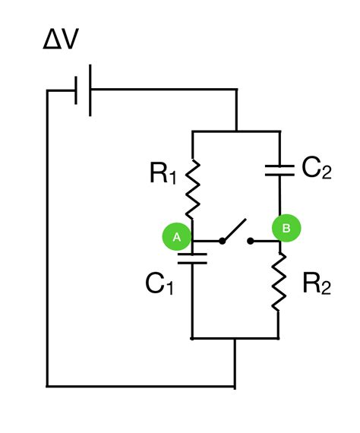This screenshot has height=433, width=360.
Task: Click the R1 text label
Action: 161,176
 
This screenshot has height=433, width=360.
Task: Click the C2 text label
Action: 316,169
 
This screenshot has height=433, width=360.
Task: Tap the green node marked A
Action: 176,237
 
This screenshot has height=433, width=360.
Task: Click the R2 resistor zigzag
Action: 279,282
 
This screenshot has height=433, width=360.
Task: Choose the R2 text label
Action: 316,284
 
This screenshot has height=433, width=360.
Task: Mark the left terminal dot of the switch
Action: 222,242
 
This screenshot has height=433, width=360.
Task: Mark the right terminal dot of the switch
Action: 252,242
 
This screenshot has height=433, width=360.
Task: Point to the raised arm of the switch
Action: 235,230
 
